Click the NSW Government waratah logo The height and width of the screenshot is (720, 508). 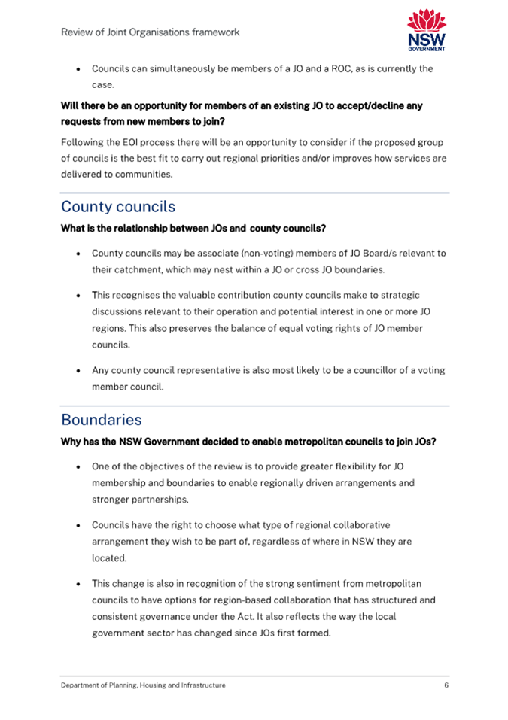click(x=426, y=29)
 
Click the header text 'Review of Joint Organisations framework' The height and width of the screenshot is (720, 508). click(x=151, y=32)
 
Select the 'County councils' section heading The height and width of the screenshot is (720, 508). click(x=118, y=207)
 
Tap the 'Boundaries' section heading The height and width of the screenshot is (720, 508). click(x=101, y=420)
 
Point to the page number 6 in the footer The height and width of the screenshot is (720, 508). click(x=446, y=685)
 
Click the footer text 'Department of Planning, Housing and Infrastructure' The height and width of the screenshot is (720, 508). click(x=143, y=685)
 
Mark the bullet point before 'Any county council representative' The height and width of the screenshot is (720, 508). click(x=79, y=371)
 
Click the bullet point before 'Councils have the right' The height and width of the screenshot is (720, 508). click(x=79, y=526)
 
